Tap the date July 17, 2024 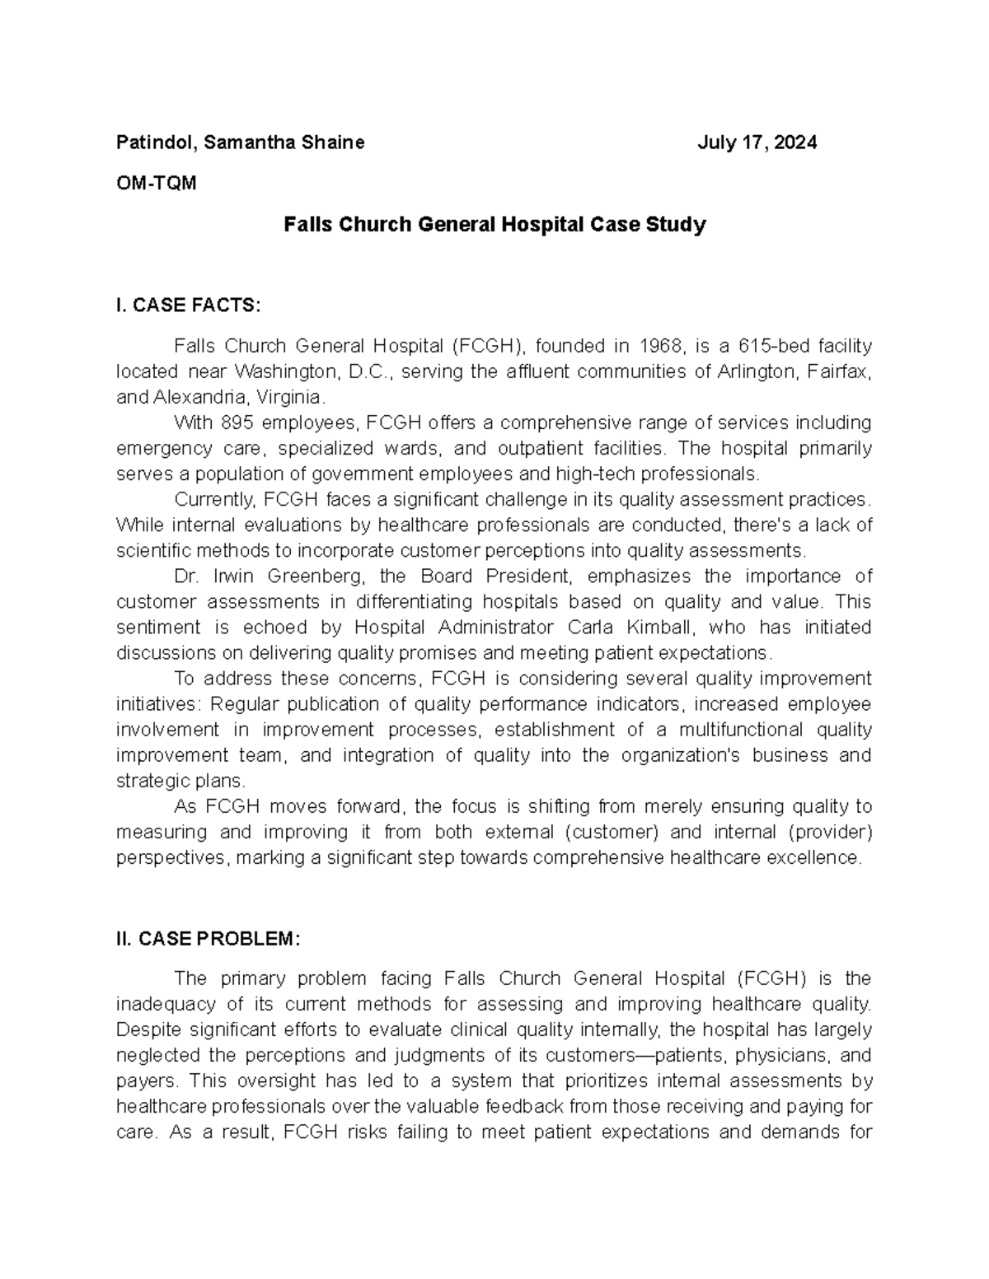(x=757, y=142)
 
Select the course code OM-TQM (x=157, y=183)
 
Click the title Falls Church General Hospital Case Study (x=494, y=224)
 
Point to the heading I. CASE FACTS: (x=188, y=306)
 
